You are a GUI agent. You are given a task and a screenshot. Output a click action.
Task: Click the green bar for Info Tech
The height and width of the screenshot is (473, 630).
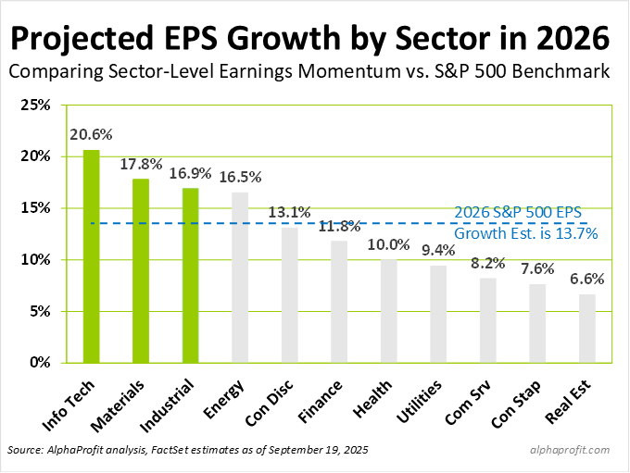pyautogui.click(x=91, y=256)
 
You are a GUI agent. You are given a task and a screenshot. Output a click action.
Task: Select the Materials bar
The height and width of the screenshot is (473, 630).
pyautogui.click(x=141, y=270)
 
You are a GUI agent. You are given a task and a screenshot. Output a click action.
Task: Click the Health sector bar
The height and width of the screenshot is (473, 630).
pyautogui.click(x=389, y=311)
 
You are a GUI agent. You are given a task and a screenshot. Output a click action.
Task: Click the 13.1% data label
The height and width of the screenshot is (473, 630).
pyautogui.click(x=290, y=212)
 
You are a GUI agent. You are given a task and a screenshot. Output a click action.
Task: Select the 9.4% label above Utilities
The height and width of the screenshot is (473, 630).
pyautogui.click(x=438, y=250)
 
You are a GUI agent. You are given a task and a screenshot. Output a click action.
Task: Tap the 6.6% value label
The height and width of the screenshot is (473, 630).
pyautogui.click(x=587, y=280)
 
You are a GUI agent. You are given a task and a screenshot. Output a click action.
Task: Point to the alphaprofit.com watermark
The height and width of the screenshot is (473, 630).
pyautogui.click(x=572, y=450)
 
